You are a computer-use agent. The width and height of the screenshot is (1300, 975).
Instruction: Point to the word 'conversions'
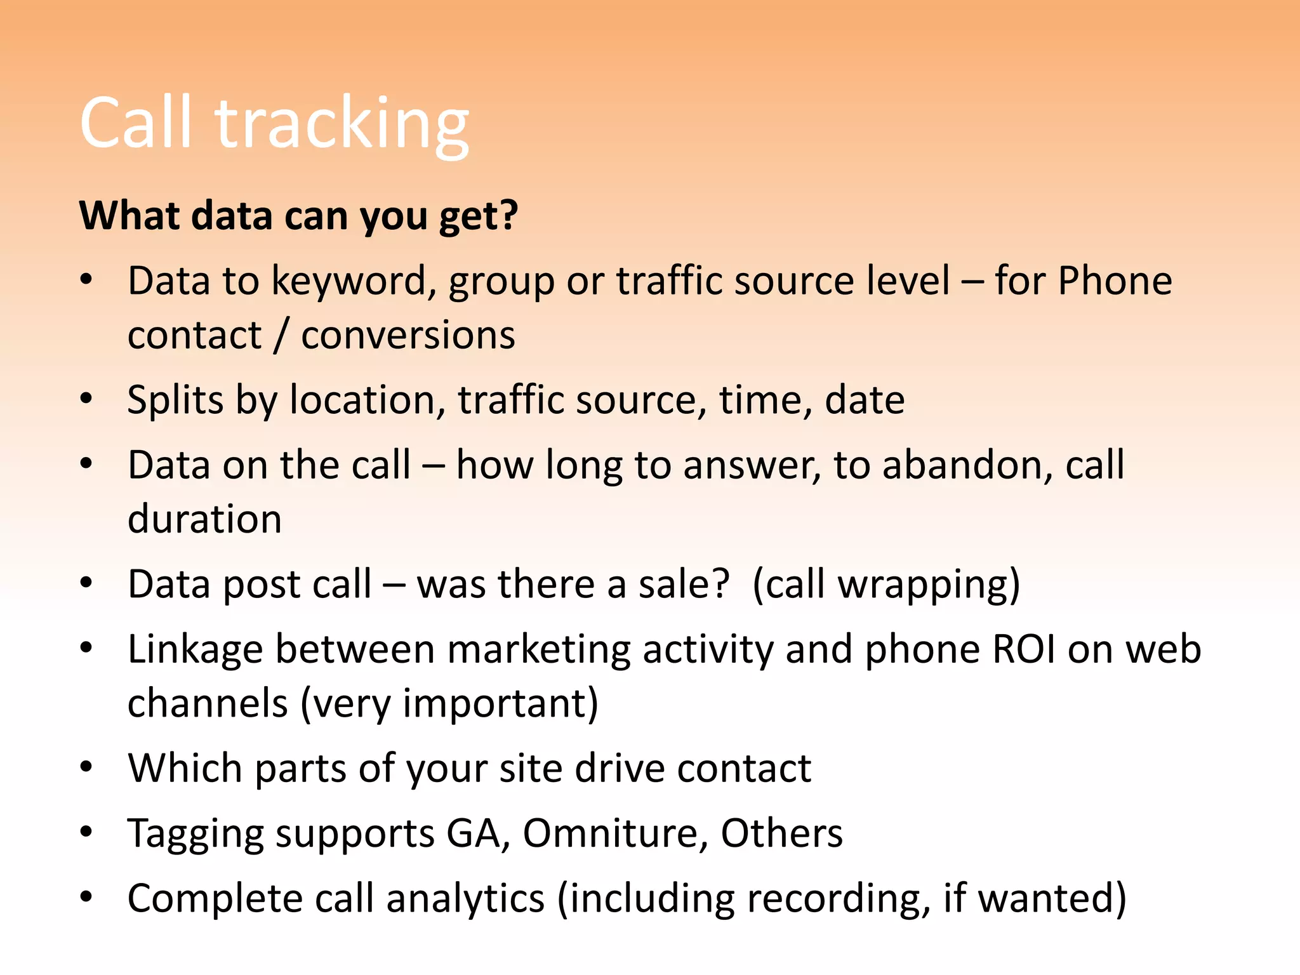point(408,336)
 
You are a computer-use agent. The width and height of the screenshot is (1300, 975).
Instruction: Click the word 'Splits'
point(175,401)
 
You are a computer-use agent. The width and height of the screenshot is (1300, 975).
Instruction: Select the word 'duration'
point(204,519)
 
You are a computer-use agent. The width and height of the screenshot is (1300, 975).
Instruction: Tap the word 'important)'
point(500,704)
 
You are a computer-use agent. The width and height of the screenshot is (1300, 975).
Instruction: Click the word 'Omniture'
point(615,833)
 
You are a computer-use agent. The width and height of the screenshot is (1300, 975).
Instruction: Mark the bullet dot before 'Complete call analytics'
point(86,897)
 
